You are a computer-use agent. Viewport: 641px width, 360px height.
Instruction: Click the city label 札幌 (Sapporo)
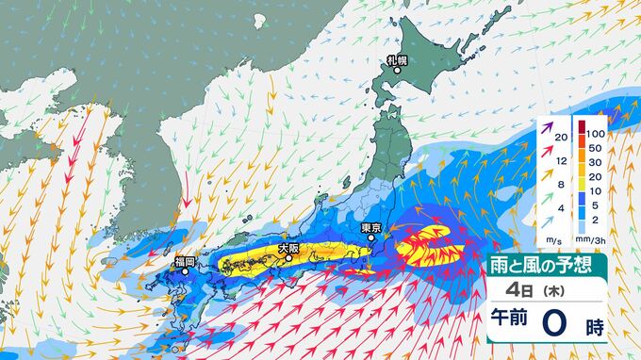click(x=396, y=60)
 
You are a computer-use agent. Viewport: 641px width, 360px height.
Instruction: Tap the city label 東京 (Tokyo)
click(x=370, y=227)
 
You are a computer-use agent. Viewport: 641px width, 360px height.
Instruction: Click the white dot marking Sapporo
click(x=396, y=72)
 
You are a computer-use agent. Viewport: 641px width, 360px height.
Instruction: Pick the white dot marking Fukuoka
click(x=186, y=271)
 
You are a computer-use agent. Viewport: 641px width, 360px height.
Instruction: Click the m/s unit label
click(x=551, y=240)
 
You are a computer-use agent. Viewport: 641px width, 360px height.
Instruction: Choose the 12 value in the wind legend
click(x=561, y=159)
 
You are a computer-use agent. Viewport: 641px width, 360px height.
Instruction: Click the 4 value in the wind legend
click(x=561, y=208)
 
